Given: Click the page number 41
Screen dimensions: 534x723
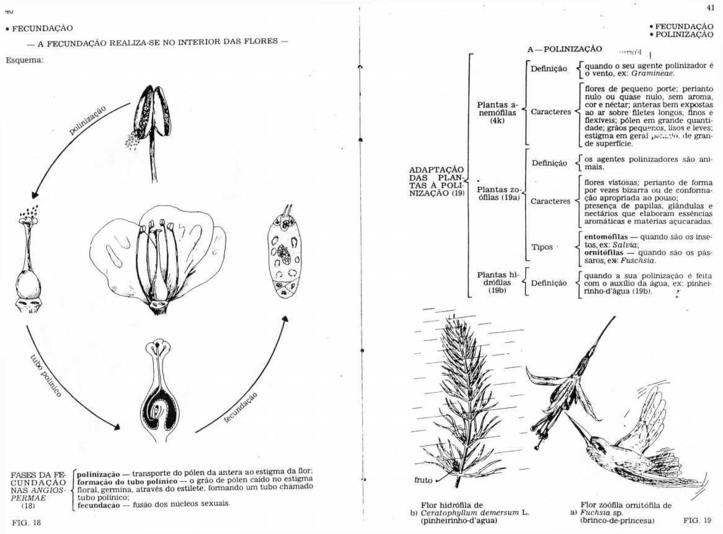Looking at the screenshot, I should click(710, 7).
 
